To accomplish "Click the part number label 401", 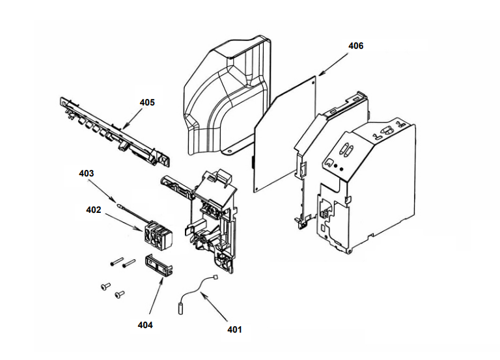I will click(234, 329).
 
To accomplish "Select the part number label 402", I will click(94, 210).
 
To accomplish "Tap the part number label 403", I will click(87, 174).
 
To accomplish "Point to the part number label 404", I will click(145, 325).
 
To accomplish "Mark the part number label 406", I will click(356, 46).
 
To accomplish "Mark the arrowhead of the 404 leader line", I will click(163, 277).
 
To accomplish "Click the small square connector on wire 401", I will click(214, 277).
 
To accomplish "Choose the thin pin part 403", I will click(121, 206).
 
